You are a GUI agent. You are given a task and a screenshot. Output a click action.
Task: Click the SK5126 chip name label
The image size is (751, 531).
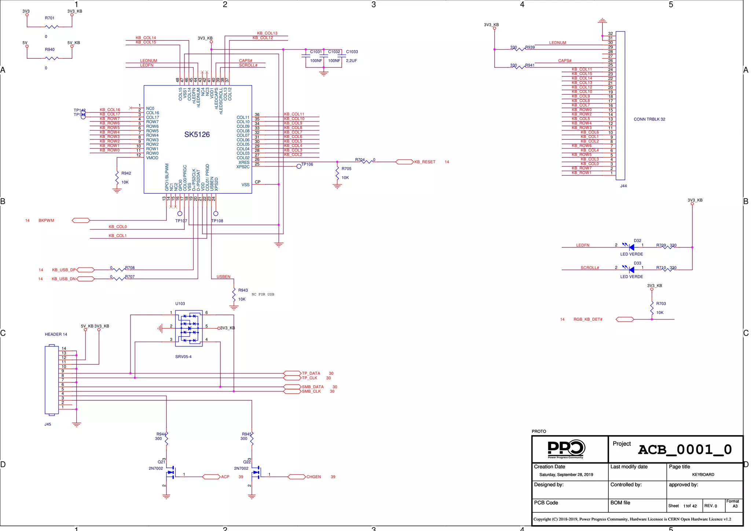[197, 135]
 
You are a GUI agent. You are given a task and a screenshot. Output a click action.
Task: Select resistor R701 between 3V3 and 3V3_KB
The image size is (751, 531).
[51, 26]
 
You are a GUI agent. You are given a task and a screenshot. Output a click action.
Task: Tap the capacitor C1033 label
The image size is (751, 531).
[352, 52]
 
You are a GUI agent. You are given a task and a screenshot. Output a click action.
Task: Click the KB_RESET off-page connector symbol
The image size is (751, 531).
[404, 162]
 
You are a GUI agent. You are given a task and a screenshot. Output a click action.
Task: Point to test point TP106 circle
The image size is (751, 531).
[299, 166]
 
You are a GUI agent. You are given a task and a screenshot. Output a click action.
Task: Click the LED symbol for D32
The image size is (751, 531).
[631, 247]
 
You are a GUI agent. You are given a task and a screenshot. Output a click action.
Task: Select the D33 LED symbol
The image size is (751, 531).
[631, 270]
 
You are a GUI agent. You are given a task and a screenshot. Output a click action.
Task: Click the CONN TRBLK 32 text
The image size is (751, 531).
[649, 119]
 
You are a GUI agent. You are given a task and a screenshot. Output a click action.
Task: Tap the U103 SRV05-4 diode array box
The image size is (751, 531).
[188, 328]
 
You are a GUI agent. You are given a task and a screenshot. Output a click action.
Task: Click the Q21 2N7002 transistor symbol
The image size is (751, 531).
[171, 473]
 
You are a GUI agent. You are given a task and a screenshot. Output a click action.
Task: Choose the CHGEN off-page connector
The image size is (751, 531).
[296, 477]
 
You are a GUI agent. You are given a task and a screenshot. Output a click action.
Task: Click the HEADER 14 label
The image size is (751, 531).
[56, 334]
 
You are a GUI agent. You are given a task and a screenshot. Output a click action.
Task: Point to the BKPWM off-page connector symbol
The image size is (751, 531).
[81, 221]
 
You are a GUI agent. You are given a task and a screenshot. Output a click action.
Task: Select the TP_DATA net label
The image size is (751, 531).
[311, 373]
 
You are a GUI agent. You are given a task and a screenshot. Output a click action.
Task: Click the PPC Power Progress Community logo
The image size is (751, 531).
[566, 449]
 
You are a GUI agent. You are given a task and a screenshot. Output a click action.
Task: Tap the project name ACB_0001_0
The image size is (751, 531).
[684, 450]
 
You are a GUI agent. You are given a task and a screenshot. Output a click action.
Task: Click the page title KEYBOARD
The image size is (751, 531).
[703, 474]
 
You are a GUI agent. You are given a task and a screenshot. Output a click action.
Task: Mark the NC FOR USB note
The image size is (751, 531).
[263, 294]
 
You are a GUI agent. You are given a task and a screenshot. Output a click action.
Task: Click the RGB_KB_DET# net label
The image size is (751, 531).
[588, 319]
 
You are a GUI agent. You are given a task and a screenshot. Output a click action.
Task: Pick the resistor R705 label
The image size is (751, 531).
[346, 169]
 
